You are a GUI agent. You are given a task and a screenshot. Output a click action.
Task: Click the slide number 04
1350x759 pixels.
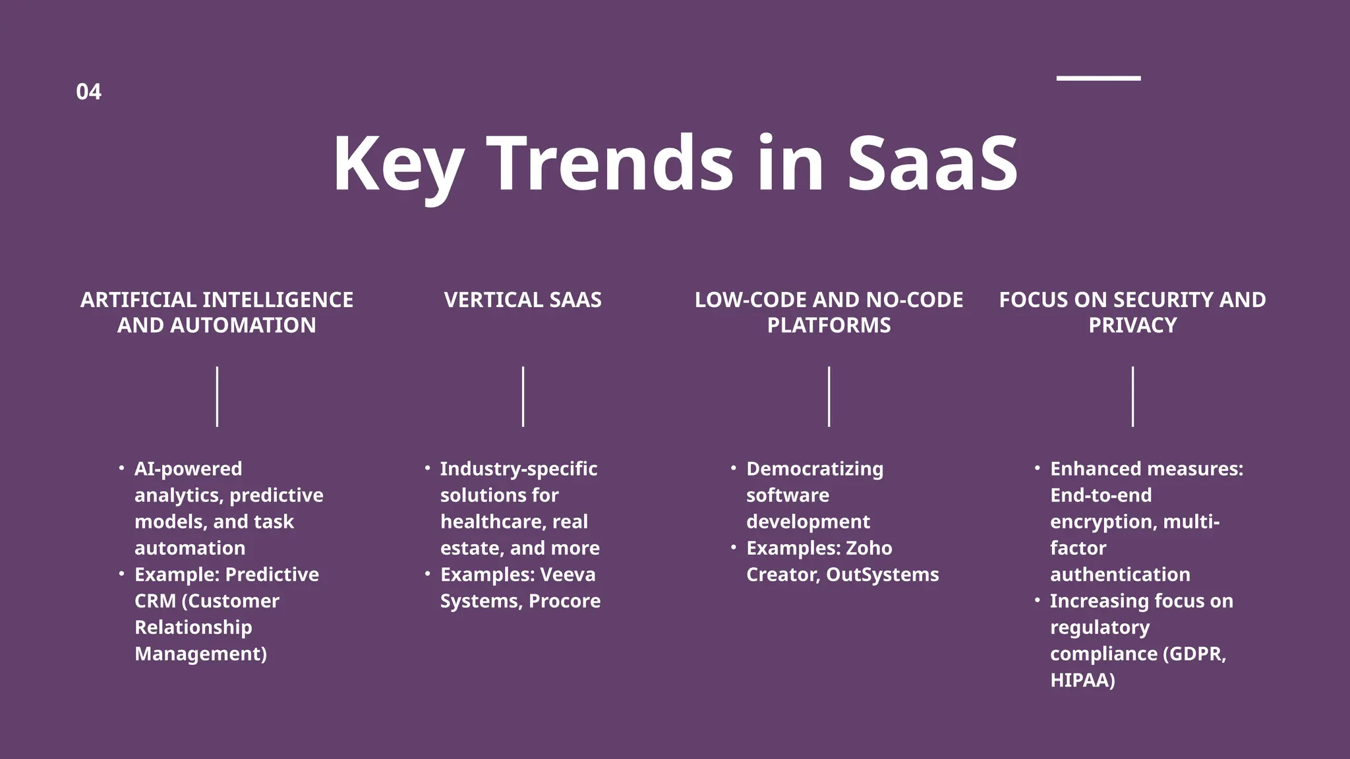point(88,92)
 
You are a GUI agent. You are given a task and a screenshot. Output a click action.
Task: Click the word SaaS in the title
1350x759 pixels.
point(932,163)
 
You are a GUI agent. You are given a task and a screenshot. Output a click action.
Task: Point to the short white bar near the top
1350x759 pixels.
point(1098,78)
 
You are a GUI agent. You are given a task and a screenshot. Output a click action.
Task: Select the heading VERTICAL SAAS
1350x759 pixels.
point(523,300)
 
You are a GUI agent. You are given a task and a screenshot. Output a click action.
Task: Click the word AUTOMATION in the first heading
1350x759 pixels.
point(243,325)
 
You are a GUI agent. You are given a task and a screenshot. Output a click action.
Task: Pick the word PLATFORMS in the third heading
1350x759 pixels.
point(829,325)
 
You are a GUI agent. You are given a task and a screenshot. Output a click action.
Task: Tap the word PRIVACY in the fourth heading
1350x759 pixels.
point(1132,325)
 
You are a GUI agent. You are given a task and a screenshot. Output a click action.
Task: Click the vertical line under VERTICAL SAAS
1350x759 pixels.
point(523,397)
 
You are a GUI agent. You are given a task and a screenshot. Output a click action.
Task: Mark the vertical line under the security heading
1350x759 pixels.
point(1132,397)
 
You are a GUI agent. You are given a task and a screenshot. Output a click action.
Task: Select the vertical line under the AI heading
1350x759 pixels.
point(217,397)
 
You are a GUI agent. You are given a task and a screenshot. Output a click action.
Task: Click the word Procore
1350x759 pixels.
point(564,601)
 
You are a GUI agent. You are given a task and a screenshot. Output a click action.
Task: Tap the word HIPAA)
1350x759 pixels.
point(1082,680)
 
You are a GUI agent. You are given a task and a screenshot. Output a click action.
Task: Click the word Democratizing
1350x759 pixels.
point(815,469)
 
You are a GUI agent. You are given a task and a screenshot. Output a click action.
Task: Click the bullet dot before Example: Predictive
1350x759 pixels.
point(121,574)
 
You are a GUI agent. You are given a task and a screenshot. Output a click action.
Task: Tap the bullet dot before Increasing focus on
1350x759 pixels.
point(1037,600)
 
